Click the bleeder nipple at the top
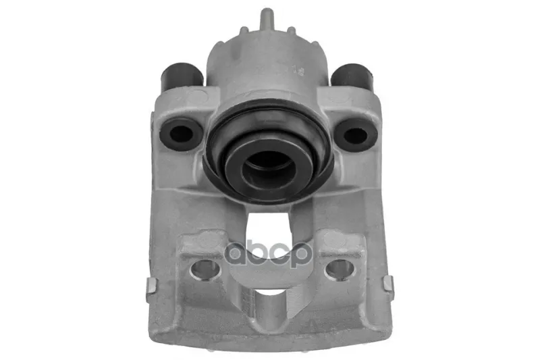click(266, 19)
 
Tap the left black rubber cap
click(182, 76)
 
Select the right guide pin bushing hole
click(356, 134)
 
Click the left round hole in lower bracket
click(205, 269)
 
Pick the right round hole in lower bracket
click(340, 269)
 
